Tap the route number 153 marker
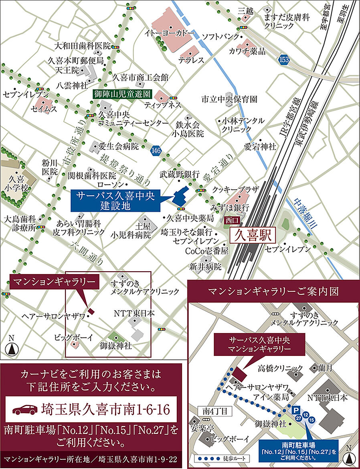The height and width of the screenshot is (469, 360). tap(284, 59)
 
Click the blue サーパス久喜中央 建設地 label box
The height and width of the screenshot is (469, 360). tap(115, 201)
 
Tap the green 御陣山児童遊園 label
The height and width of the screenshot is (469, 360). tap(121, 94)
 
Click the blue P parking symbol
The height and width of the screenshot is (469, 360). tap(296, 408)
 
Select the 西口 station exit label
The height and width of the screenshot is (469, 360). tap(232, 220)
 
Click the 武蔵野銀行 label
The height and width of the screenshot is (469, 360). tap(180, 174)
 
